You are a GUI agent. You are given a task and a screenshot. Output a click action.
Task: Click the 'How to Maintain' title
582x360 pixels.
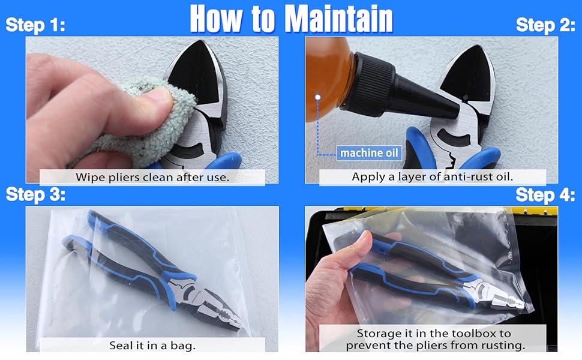tap(292, 19)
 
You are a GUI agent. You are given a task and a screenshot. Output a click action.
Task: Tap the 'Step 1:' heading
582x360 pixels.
tap(35, 25)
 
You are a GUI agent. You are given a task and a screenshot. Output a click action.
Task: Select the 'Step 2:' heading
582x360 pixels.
tap(545, 25)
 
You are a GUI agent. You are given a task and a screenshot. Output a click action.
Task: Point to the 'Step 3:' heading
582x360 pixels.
tap(35, 194)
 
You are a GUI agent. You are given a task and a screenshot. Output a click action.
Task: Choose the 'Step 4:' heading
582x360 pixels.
tap(545, 194)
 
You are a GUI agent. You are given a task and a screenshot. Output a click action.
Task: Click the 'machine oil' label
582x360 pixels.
tap(369, 153)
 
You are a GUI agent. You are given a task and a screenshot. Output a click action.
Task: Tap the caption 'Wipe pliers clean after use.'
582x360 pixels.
tap(152, 177)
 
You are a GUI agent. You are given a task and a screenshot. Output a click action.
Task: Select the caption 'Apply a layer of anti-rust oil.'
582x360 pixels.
tap(433, 176)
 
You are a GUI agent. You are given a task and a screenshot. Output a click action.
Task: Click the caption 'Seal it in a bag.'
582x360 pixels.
tap(152, 346)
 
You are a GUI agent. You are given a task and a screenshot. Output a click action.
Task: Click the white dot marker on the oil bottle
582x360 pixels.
tap(318, 97)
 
